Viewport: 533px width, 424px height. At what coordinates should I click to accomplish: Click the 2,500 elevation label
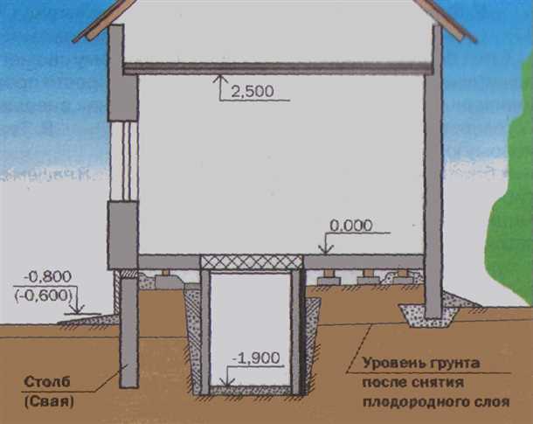pos(253,91)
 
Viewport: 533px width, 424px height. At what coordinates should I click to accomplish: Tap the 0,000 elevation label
pos(350,226)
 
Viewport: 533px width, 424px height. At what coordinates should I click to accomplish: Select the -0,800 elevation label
pos(47,276)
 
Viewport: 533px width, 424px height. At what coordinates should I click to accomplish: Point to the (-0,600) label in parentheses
pos(44,295)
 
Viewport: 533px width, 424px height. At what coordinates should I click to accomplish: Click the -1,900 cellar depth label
pos(256,358)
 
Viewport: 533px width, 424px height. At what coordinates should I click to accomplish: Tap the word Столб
pos(47,382)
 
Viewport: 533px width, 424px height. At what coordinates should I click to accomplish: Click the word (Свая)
pos(49,402)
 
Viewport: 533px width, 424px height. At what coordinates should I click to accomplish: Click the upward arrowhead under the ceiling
pos(220,80)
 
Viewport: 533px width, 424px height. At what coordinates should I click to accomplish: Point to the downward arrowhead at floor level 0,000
pos(326,249)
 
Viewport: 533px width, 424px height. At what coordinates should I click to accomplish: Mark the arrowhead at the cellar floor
pos(227,381)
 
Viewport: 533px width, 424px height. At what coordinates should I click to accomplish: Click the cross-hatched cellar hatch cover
pos(252,262)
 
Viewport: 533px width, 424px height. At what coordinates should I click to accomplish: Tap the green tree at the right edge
pos(510,191)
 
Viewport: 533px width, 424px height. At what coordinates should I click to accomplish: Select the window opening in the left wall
pos(123,161)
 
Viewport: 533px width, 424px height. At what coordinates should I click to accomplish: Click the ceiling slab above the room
pos(279,68)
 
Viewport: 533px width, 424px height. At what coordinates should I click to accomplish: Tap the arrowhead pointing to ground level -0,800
pos(78,309)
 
